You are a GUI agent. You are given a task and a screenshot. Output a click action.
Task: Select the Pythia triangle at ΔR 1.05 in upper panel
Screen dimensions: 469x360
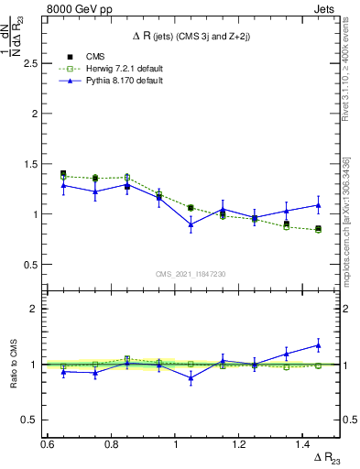point(191,224)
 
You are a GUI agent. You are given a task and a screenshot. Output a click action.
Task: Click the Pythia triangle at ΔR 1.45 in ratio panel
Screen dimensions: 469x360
point(318,345)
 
